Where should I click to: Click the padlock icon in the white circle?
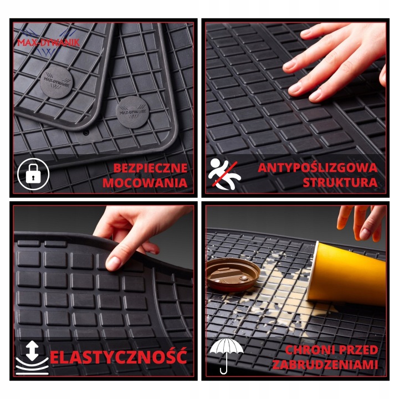[33, 174]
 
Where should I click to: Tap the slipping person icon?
[224, 174]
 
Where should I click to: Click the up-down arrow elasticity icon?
[32, 358]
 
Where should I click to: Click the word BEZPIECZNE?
[150, 168]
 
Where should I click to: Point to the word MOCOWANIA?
[145, 183]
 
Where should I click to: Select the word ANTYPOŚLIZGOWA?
[318, 168]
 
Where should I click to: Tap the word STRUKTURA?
[340, 183]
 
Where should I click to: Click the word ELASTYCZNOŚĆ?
[119, 356]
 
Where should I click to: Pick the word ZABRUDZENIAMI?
[325, 365]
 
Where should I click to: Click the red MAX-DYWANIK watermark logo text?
[48, 42]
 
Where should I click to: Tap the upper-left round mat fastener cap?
[57, 82]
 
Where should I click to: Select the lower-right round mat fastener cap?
[132, 112]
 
